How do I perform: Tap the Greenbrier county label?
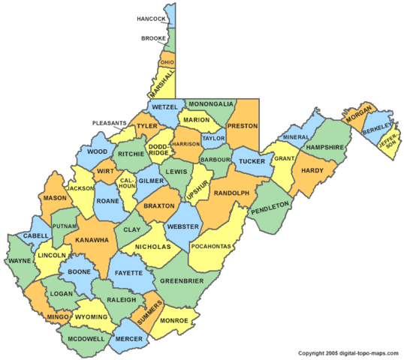pyautogui.click(x=181, y=280)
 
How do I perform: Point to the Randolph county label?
pyautogui.click(x=231, y=193)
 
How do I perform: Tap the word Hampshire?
pyautogui.click(x=325, y=147)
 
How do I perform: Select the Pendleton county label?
pyautogui.click(x=270, y=205)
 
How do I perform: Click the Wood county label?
pyautogui.click(x=98, y=151)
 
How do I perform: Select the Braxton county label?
pyautogui.click(x=158, y=205)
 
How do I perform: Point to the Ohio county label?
pyautogui.click(x=167, y=62)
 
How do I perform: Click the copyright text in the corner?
pyautogui.click(x=349, y=352)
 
